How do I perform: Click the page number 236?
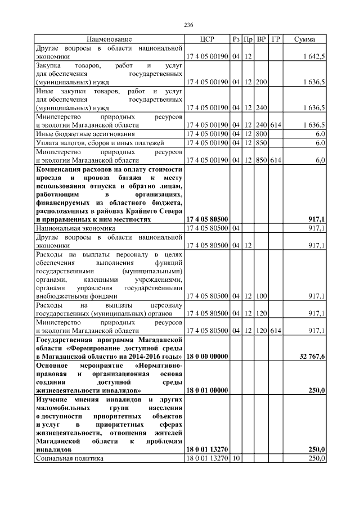click(189, 25)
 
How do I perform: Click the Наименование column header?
click(109, 39)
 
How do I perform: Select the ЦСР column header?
click(207, 39)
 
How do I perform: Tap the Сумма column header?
click(304, 39)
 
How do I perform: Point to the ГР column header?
click(276, 39)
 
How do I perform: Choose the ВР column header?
click(261, 39)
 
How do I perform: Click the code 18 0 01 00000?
click(206, 389)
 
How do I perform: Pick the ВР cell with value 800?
click(261, 134)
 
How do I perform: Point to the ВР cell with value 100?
click(261, 296)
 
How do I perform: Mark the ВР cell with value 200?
click(261, 82)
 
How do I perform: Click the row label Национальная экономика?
click(75, 229)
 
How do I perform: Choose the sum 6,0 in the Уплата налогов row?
click(319, 143)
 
